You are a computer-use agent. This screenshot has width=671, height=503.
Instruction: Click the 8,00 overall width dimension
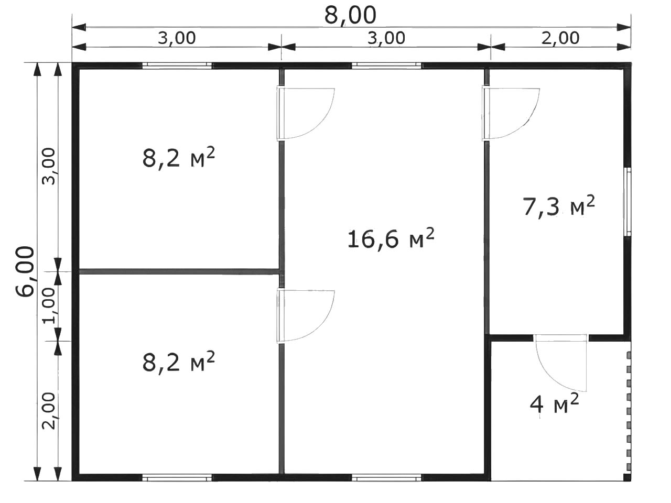350,15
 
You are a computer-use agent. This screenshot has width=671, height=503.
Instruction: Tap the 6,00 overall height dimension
25,271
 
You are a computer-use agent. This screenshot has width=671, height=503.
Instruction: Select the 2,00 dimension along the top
560,38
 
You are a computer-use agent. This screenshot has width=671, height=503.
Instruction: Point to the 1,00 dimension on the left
49,305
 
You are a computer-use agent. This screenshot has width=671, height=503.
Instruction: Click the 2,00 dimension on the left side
49,411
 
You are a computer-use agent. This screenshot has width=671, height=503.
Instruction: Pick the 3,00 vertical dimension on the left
49,167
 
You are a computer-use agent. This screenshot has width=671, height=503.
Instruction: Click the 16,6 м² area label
391,238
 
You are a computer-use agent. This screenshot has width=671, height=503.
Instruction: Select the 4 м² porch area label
554,403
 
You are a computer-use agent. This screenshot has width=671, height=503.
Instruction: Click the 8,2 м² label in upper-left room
179,158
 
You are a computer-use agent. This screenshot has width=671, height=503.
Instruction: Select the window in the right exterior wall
627,202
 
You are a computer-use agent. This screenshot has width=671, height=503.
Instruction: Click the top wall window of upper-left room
177,65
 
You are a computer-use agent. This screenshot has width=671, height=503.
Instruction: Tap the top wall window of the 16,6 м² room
386,65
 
